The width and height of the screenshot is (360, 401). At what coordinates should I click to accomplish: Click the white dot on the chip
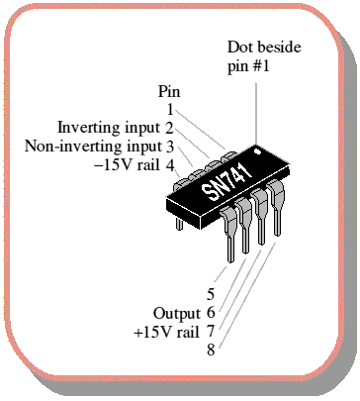click(x=258, y=151)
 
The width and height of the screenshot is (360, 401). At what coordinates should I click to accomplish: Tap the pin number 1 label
click(x=170, y=110)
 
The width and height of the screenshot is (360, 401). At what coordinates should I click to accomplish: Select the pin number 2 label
click(x=169, y=128)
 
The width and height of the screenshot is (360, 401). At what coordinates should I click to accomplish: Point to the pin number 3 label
click(x=170, y=147)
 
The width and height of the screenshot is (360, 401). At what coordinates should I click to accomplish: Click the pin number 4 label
click(x=170, y=165)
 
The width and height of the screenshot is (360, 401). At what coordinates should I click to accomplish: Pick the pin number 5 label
click(x=211, y=294)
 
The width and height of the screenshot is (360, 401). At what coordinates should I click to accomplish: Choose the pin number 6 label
click(x=211, y=313)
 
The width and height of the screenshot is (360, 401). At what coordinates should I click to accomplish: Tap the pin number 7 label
click(x=211, y=331)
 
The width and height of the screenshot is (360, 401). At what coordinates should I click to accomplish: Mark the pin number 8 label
click(x=211, y=350)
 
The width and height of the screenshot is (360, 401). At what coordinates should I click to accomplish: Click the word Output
click(x=177, y=314)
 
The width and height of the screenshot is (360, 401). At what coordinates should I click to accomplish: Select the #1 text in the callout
click(x=261, y=66)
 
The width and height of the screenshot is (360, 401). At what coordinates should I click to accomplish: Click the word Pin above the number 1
click(x=169, y=91)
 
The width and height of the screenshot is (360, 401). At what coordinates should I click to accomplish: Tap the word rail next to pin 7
click(x=188, y=332)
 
